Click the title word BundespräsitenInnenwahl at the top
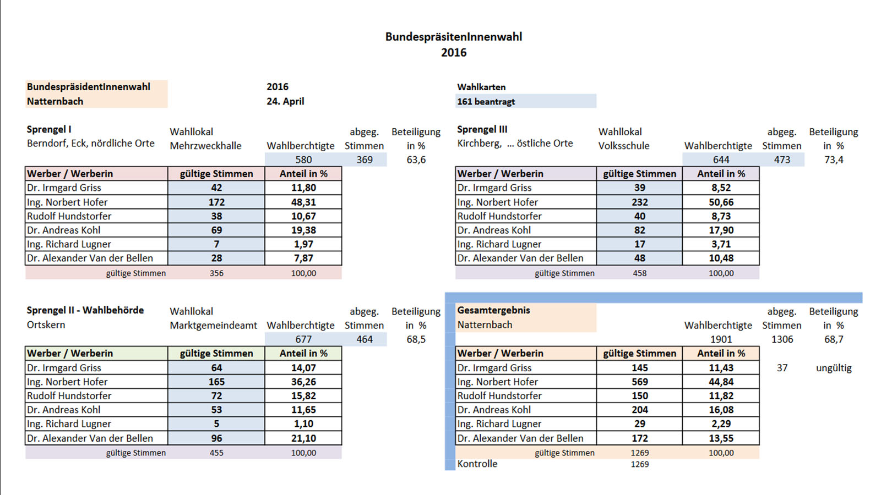pyautogui.click(x=454, y=36)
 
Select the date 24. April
pyautogui.click(x=285, y=101)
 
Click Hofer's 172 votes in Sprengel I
pyautogui.click(x=216, y=202)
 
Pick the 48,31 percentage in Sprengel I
pyautogui.click(x=303, y=202)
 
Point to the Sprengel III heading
pyautogui.click(x=482, y=129)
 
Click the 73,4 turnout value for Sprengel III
pyautogui.click(x=834, y=159)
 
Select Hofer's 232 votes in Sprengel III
pyautogui.click(x=639, y=202)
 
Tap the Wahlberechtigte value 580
pyautogui.click(x=303, y=159)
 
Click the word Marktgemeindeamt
pyautogui.click(x=213, y=325)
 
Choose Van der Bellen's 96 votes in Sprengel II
pyautogui.click(x=216, y=438)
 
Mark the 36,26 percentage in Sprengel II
pyautogui.click(x=303, y=382)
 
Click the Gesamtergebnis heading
pyautogui.click(x=493, y=310)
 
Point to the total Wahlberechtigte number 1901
pyautogui.click(x=721, y=339)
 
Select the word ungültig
pyautogui.click(x=834, y=368)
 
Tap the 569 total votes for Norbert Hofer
pyautogui.click(x=639, y=382)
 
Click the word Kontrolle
pyautogui.click(x=477, y=464)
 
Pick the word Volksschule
pyautogui.click(x=624, y=146)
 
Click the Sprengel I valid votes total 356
pyautogui.click(x=216, y=273)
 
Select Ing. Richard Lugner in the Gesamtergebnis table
pyautogui.click(x=499, y=424)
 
